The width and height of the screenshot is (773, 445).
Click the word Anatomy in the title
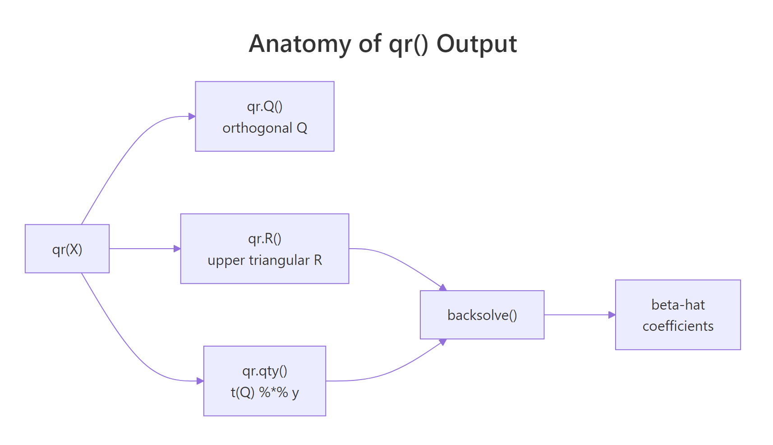(299, 44)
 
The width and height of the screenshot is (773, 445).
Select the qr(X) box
(67, 249)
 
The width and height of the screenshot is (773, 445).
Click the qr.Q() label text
(265, 106)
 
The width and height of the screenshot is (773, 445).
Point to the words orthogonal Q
(265, 128)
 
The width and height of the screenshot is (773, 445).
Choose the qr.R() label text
(265, 238)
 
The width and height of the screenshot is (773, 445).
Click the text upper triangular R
(265, 260)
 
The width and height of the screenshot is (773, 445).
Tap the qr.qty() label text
(265, 371)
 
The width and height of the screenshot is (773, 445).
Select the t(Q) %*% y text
(265, 393)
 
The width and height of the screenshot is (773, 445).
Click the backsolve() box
(482, 315)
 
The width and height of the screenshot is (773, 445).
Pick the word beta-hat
(678, 305)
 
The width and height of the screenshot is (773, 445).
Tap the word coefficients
(678, 326)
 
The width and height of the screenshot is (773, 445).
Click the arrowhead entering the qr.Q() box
(192, 116)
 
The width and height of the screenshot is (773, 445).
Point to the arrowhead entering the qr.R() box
(177, 249)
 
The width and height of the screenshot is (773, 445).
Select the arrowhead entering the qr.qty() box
(201, 381)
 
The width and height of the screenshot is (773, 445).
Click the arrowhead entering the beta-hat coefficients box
(612, 315)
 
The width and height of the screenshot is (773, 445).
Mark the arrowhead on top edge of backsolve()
(443, 287)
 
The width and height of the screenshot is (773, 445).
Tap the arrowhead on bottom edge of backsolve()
(443, 342)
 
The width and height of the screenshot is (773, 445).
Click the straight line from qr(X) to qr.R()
(142, 249)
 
